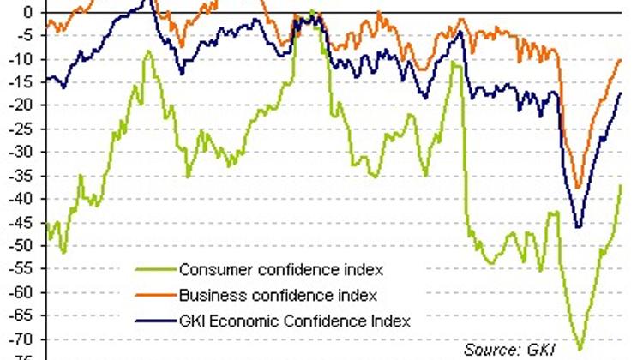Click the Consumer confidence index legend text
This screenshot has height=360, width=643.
[x=280, y=269]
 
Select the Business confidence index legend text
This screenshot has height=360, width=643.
[x=278, y=296]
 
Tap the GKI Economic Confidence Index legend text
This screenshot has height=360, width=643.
[x=295, y=321]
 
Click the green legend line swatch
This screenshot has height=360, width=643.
[x=155, y=269]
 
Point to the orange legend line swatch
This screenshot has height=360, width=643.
[x=155, y=296]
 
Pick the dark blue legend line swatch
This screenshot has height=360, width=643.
[x=155, y=321]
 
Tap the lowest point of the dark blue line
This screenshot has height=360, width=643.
[x=577, y=226]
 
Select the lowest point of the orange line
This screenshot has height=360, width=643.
[x=577, y=187]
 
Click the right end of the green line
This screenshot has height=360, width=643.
[x=621, y=185]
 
